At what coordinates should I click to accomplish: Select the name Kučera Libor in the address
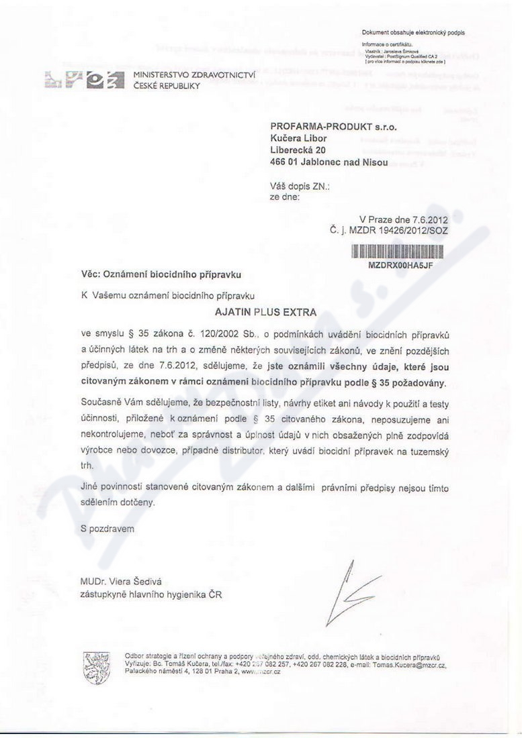click(x=299, y=138)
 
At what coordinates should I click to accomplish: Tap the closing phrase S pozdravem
click(x=107, y=529)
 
